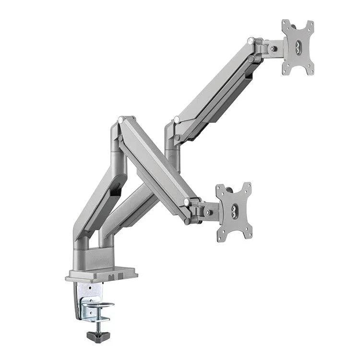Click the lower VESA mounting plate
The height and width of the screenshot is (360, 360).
coord(234,211)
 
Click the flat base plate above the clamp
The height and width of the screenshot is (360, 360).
coord(101,275)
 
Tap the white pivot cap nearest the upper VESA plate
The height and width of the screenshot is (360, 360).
coord(251,42)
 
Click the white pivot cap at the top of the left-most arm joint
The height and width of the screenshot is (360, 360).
coord(121,119)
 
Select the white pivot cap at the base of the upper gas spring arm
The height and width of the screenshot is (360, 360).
coord(177,120)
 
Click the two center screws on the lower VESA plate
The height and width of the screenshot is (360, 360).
coord(234,211)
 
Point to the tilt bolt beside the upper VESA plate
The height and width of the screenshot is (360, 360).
coord(273,48)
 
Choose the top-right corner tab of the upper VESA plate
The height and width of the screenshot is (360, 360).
coord(311,24)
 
